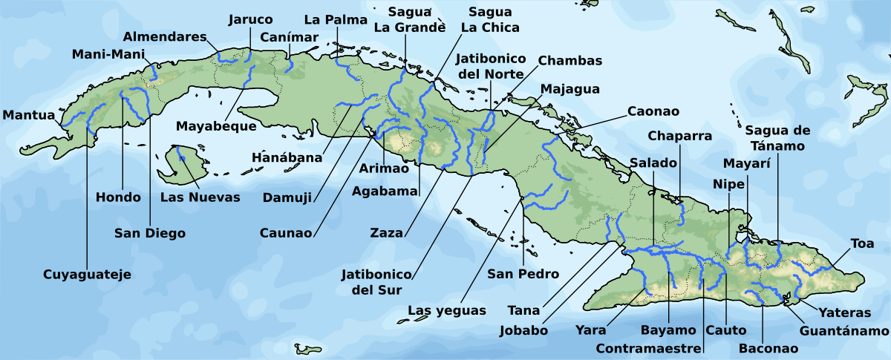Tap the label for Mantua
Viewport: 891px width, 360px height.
28,115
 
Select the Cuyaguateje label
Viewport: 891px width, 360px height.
87,275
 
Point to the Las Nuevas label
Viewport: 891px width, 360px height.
200,197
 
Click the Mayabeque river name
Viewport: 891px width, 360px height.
216,126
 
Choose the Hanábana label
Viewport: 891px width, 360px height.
287,157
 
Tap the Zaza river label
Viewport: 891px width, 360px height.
386,233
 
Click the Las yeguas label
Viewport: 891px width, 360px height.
447,310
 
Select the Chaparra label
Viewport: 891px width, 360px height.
680,136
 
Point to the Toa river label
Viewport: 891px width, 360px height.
863,243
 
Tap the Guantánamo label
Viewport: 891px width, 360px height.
845,330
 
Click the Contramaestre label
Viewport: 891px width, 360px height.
649,348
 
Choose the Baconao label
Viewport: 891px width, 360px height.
768,348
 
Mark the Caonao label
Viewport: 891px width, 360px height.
653,111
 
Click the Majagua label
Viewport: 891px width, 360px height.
569,89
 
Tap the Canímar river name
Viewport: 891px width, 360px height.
290,37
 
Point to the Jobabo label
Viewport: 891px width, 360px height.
524,330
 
